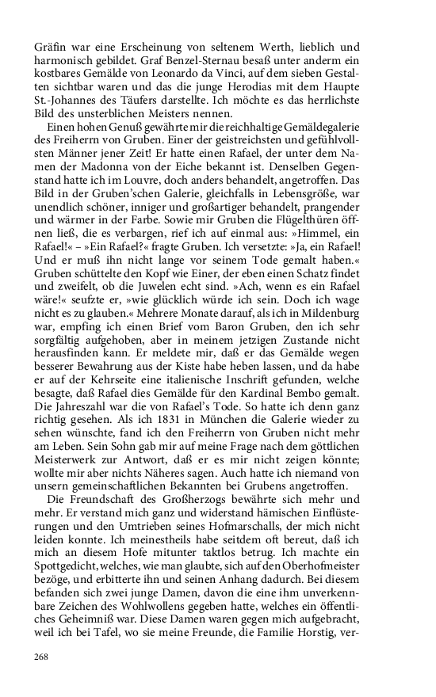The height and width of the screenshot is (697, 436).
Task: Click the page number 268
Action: pos(41,657)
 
